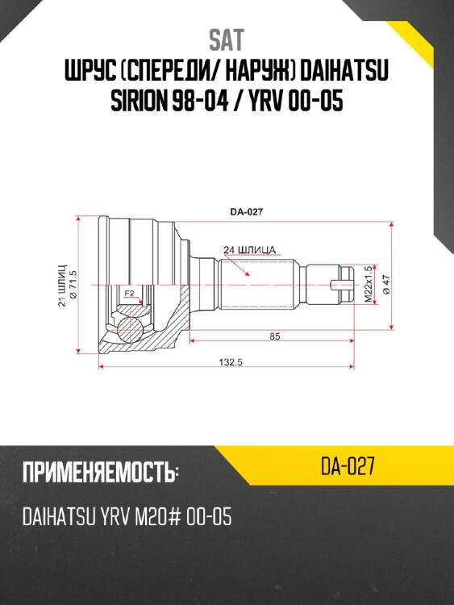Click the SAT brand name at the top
tap(227, 40)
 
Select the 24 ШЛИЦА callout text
tap(251, 248)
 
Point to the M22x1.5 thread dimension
tap(368, 284)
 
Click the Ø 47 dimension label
tap(387, 284)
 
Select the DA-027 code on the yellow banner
tap(348, 467)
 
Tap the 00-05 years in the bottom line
tap(211, 517)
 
